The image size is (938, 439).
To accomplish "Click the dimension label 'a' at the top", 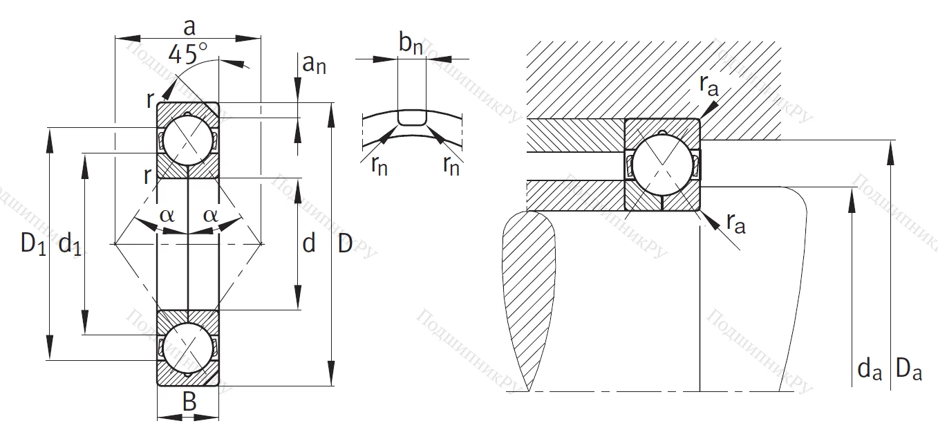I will click(x=188, y=27).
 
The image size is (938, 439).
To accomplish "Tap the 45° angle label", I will click(x=187, y=54).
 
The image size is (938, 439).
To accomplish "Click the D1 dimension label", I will click(x=32, y=243).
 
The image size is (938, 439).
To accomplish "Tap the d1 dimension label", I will click(x=70, y=243).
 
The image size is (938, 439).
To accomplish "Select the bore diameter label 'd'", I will click(x=309, y=243).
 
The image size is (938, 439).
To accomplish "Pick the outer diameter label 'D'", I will click(x=346, y=243).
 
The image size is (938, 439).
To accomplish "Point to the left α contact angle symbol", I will click(x=167, y=215).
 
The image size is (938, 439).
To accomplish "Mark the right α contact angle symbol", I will click(x=210, y=215).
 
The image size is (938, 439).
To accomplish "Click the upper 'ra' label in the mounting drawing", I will click(x=709, y=84).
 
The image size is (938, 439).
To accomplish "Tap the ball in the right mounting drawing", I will click(x=662, y=164).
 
